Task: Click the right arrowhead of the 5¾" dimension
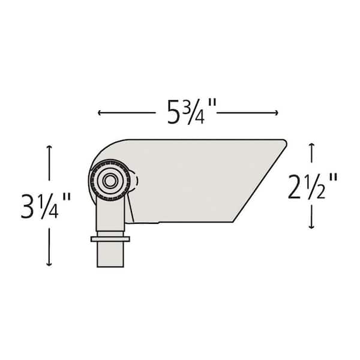[276, 113]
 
